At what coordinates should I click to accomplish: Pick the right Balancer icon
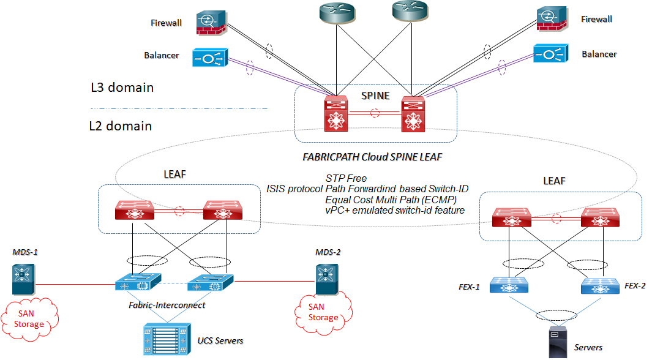tap(549, 54)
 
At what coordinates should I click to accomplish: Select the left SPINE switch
tap(335, 114)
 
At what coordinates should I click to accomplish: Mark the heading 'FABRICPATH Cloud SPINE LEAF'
tap(372, 157)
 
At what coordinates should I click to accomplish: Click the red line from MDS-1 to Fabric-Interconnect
tap(73, 285)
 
